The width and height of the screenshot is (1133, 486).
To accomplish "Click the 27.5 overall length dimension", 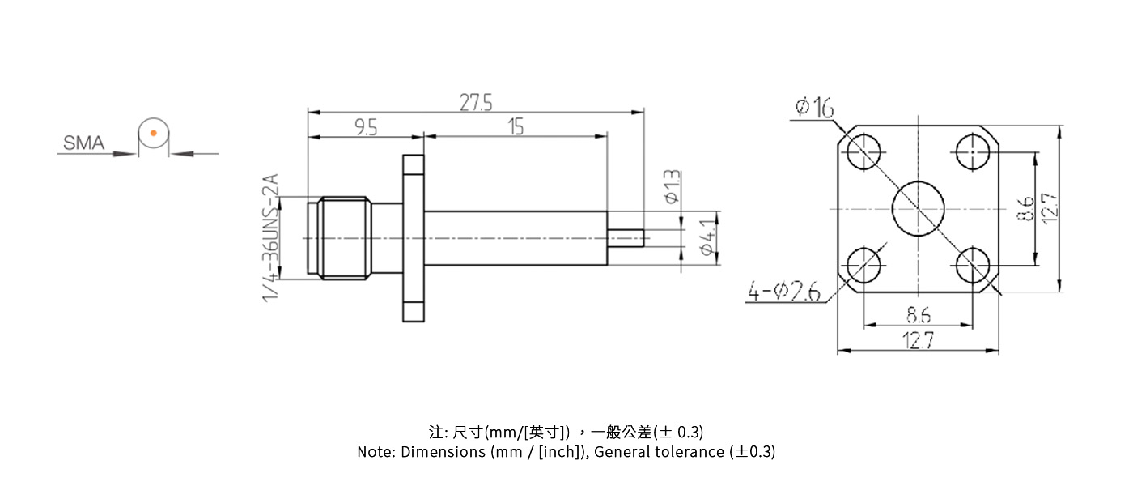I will (x=476, y=103).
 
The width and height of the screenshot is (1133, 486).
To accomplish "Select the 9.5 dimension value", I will (x=366, y=127).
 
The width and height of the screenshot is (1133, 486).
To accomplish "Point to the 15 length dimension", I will (x=516, y=127).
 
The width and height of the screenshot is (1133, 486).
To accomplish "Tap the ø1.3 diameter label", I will (x=672, y=186).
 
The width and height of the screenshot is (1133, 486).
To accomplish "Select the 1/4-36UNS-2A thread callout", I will (x=271, y=238).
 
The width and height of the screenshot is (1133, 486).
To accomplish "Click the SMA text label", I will (x=84, y=143).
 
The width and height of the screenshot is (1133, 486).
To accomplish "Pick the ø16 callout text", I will (x=815, y=107).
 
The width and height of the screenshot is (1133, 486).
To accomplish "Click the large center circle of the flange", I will (x=918, y=208).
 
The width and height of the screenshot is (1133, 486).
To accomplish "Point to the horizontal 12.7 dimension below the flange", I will (x=918, y=341).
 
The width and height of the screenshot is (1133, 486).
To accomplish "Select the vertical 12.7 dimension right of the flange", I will (x=1050, y=208).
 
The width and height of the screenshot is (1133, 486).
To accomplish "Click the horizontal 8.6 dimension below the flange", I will (x=918, y=314).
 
